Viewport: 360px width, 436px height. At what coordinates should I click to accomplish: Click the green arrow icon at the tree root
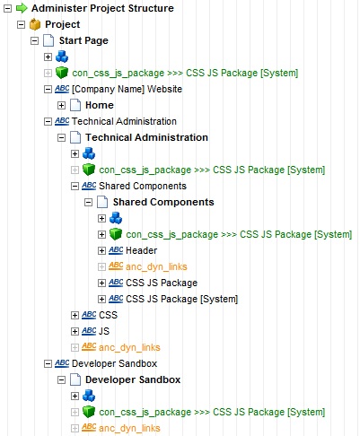coord(22,8)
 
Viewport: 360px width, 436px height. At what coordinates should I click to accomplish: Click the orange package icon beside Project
coord(35,24)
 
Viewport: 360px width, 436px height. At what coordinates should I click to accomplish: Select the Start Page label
coord(83,40)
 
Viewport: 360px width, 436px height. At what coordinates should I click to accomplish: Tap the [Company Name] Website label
coord(127,89)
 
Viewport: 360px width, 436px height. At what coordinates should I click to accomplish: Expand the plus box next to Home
coord(61,105)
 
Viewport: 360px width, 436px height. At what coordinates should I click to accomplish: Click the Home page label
coord(100,105)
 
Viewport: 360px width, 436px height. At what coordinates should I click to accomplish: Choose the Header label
coord(141,250)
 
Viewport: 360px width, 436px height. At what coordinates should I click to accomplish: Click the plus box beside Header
coord(101,250)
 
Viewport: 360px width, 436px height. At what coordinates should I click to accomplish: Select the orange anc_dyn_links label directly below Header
coord(156,266)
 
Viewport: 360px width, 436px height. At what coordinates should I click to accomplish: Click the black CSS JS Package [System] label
coord(181,299)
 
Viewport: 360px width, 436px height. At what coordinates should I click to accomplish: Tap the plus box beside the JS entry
coord(75,331)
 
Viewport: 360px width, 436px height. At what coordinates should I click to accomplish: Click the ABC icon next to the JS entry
coord(89,331)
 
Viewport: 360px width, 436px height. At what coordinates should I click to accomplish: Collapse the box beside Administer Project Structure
coord(7,8)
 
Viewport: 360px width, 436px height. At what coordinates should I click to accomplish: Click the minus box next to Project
coord(21,24)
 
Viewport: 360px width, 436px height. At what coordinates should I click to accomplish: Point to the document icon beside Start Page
coord(48,40)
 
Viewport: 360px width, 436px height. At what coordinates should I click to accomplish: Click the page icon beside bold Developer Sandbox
coord(75,379)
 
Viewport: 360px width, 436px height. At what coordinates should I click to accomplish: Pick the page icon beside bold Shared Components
coord(102,202)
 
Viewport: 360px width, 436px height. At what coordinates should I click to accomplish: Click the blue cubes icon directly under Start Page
coord(62,57)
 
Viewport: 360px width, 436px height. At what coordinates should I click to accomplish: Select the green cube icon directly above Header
coord(116,234)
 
